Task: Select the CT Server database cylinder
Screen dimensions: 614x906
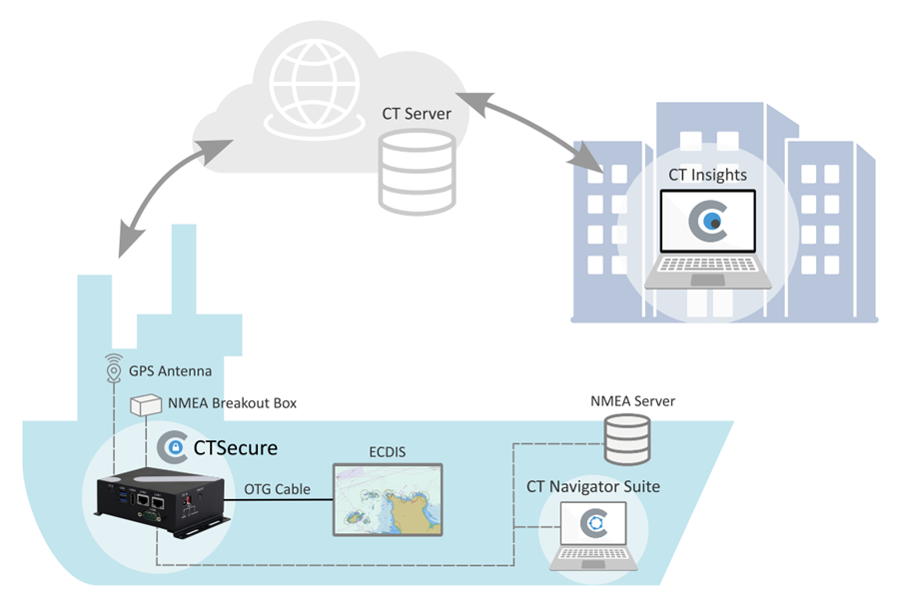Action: [x=417, y=171]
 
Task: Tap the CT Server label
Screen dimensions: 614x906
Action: [x=417, y=114]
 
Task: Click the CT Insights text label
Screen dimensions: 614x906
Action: [x=707, y=175]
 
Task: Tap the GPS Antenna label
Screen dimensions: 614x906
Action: [x=170, y=371]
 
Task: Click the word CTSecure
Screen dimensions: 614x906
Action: [x=236, y=447]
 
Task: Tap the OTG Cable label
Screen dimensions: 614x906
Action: [x=277, y=489]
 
